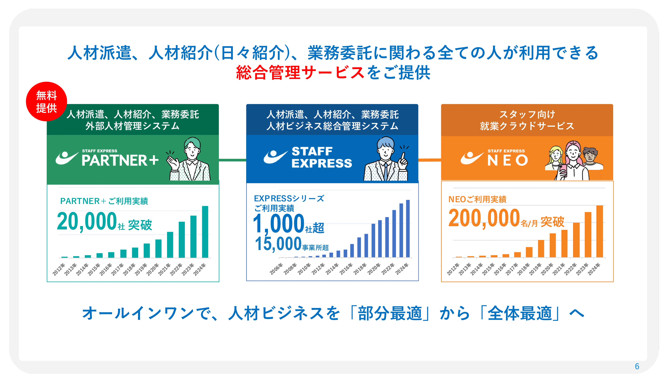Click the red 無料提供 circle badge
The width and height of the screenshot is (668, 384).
point(46,101)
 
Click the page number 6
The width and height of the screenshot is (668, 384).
point(637,366)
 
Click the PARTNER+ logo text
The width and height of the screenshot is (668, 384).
point(120,160)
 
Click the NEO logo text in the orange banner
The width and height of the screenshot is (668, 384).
point(507,160)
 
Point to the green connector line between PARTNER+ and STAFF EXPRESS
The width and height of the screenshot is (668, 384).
point(232,160)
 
